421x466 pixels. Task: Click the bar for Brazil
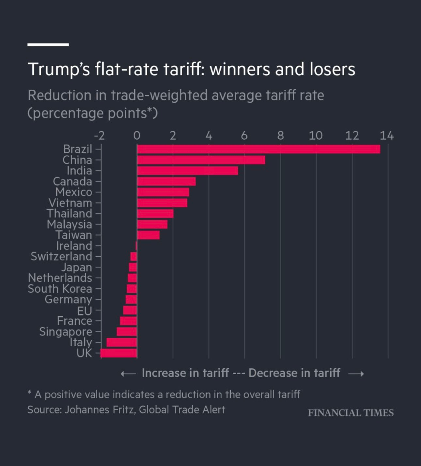click(x=258, y=149)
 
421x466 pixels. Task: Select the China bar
click(x=201, y=160)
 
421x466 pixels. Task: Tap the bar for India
click(x=187, y=171)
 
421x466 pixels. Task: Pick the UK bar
click(x=119, y=353)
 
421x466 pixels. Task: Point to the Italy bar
click(x=122, y=342)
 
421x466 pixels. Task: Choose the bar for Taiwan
click(x=148, y=235)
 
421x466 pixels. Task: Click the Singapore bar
click(x=127, y=332)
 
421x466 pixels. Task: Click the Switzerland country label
click(x=61, y=256)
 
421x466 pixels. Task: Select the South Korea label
click(x=60, y=289)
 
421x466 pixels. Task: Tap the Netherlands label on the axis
click(x=60, y=278)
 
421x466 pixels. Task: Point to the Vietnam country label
click(x=70, y=203)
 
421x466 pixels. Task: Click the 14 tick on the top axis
click(x=387, y=135)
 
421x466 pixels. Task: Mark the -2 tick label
click(x=99, y=135)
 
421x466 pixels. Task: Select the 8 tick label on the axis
click(x=280, y=135)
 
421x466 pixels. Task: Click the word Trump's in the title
click(x=59, y=69)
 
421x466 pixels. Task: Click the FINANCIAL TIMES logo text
click(x=351, y=413)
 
